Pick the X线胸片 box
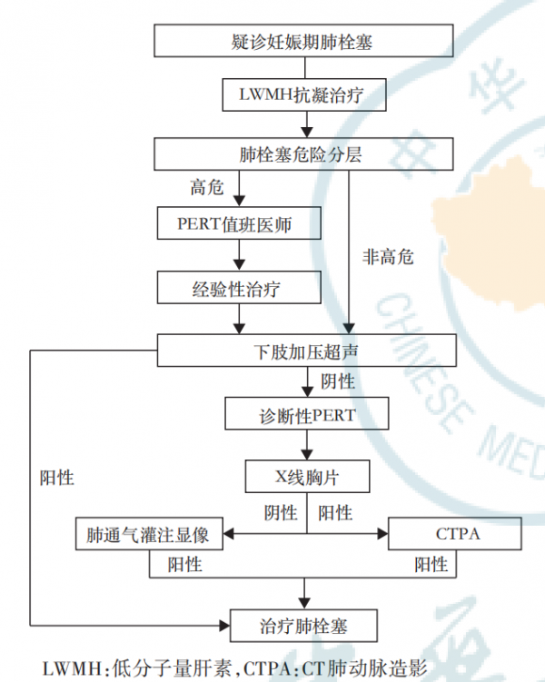click(307, 475)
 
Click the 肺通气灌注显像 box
click(149, 534)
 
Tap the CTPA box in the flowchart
click(454, 534)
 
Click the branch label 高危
click(206, 187)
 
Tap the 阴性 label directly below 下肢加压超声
click(338, 381)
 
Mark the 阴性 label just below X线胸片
click(281, 513)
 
